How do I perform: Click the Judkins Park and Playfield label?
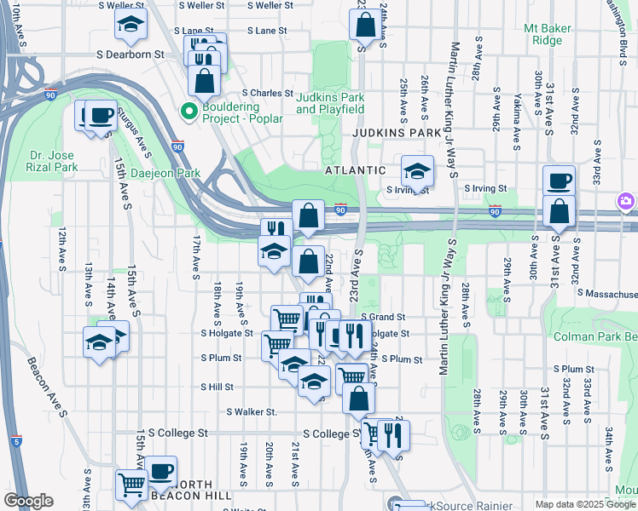(x=330, y=103)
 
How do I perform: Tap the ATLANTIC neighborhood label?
(x=355, y=170)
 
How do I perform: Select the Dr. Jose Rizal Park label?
(x=54, y=161)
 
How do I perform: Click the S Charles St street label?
(x=267, y=94)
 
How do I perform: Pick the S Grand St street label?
(x=380, y=317)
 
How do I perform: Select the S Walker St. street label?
(x=252, y=412)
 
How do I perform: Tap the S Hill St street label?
(x=217, y=387)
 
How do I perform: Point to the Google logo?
(x=28, y=501)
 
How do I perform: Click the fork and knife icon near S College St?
(x=393, y=435)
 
